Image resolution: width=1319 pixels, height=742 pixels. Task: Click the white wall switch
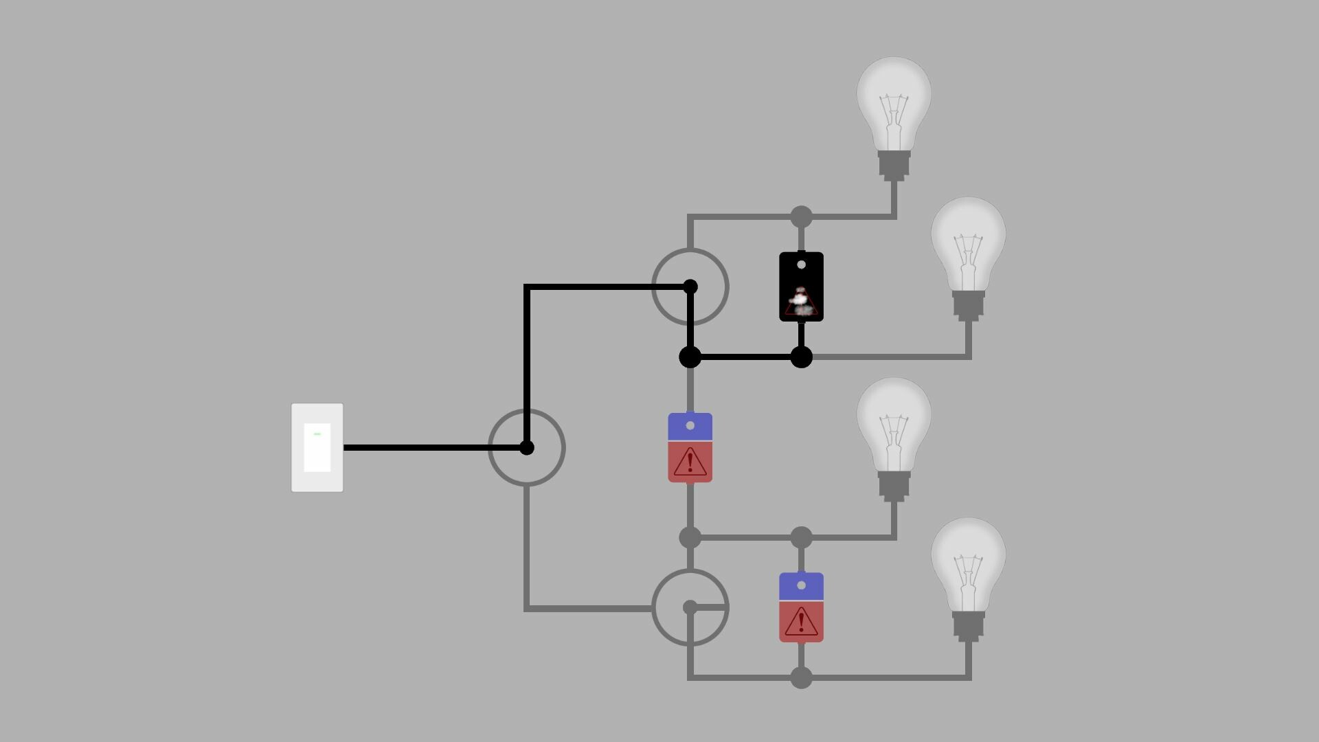click(x=317, y=447)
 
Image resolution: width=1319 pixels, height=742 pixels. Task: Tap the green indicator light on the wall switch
click(x=317, y=434)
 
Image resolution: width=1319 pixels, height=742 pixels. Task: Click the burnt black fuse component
click(x=801, y=286)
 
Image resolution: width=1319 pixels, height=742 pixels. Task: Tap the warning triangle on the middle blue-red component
click(x=690, y=462)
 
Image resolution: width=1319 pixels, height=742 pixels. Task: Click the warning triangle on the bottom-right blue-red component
click(x=801, y=622)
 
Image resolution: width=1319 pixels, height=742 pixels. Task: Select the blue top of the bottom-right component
click(x=801, y=586)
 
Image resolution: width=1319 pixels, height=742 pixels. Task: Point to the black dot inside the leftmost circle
click(x=526, y=448)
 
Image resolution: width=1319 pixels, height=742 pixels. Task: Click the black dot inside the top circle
click(x=690, y=286)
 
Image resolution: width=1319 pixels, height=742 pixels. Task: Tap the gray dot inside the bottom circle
click(x=690, y=607)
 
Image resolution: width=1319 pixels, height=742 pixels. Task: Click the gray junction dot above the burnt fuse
click(x=801, y=217)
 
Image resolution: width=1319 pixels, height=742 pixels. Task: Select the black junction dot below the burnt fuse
click(x=801, y=357)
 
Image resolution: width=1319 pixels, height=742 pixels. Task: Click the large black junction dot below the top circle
click(x=690, y=357)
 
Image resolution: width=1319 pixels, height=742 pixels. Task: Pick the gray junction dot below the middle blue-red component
click(x=690, y=537)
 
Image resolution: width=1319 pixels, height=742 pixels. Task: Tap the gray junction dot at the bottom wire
click(x=801, y=678)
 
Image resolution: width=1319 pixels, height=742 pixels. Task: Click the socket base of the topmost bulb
click(x=893, y=166)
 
